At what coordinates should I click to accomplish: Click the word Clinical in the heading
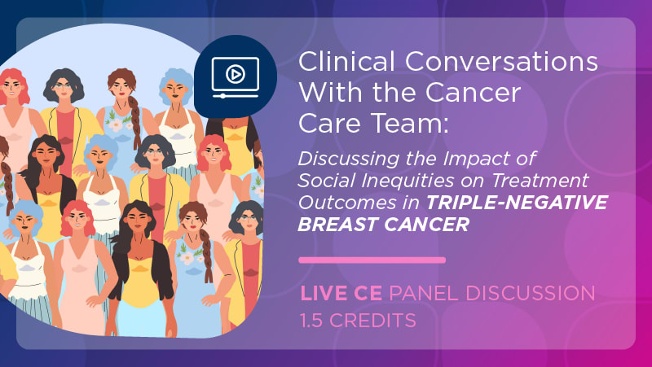[346, 62]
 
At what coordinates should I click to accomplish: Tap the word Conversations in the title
[501, 62]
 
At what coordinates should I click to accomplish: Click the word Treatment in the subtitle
[540, 180]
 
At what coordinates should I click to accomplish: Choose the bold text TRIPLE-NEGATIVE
[517, 202]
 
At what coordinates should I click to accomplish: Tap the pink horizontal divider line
[372, 260]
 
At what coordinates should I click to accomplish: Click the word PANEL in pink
[424, 293]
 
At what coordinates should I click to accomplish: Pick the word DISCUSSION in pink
[531, 293]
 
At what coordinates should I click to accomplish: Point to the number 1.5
[311, 320]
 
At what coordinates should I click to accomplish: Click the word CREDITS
[372, 320]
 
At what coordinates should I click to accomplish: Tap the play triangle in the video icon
[236, 74]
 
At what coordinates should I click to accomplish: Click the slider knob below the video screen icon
[222, 96]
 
